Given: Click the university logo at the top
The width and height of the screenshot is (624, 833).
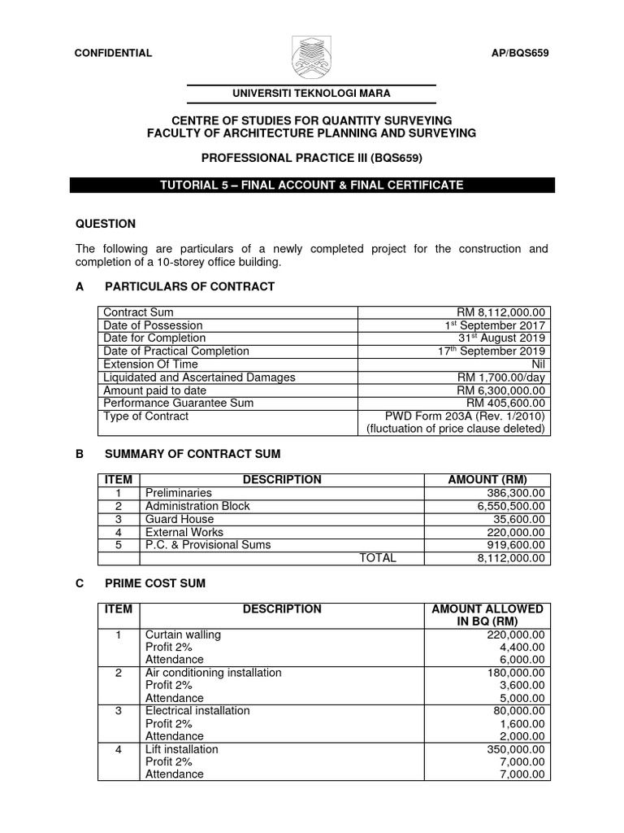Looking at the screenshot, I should (312, 55).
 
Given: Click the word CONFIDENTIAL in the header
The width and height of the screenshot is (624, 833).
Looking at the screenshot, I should (113, 53).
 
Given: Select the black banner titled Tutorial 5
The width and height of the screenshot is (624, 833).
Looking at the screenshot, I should (312, 185).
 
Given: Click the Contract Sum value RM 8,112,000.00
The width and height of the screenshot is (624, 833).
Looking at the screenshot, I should (504, 312).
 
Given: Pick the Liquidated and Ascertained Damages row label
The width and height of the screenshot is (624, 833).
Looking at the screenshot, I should (199, 377).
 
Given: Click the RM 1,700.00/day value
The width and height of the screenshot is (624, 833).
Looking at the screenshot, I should (503, 377).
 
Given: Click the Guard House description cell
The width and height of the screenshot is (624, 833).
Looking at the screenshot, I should (180, 519).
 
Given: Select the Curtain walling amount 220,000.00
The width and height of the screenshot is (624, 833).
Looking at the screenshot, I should (512, 635).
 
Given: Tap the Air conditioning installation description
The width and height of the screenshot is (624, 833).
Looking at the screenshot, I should (213, 673).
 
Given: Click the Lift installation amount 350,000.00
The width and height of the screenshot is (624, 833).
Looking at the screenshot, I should (512, 749).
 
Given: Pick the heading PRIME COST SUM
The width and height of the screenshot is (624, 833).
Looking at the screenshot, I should (155, 583).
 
